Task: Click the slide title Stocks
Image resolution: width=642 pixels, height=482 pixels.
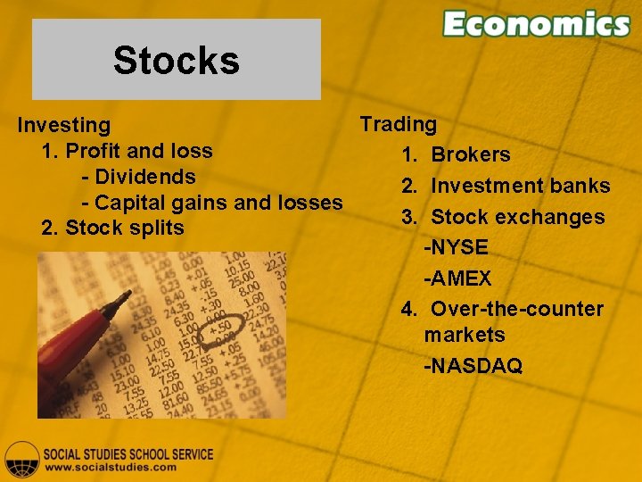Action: (x=176, y=61)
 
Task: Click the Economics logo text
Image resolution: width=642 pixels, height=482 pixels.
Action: (x=536, y=24)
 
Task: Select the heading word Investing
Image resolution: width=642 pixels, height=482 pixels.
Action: (x=64, y=126)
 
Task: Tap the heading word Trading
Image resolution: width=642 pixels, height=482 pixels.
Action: (x=398, y=124)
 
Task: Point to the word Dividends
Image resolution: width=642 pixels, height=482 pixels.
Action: (x=144, y=177)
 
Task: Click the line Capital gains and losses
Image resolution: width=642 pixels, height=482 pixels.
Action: (x=218, y=203)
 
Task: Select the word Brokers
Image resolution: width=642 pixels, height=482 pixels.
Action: (x=470, y=154)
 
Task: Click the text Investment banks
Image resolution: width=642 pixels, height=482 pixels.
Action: (x=520, y=186)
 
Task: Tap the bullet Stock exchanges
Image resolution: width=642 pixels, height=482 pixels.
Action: (x=517, y=217)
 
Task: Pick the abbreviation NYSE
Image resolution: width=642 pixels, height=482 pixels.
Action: (x=458, y=247)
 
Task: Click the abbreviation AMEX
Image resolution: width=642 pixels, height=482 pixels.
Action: (x=459, y=278)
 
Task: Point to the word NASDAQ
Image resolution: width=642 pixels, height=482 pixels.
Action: (x=475, y=366)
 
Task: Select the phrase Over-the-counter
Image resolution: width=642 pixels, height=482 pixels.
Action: (x=516, y=309)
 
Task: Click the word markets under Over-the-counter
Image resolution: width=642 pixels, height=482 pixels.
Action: (x=464, y=335)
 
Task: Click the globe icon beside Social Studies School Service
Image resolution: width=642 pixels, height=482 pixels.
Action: (x=21, y=459)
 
